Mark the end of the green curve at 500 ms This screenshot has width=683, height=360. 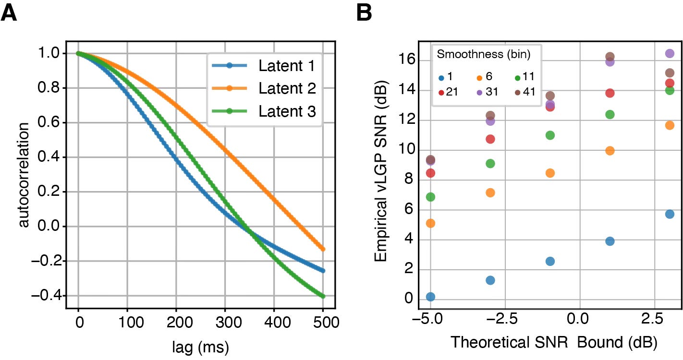click(x=323, y=296)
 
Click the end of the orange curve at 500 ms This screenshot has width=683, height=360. click(x=323, y=249)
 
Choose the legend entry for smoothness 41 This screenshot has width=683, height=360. click(x=522, y=92)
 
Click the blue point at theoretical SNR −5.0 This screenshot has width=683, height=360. click(x=430, y=297)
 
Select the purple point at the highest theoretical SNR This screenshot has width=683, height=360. click(x=670, y=53)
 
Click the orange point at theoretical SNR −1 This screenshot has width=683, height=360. click(x=550, y=173)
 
